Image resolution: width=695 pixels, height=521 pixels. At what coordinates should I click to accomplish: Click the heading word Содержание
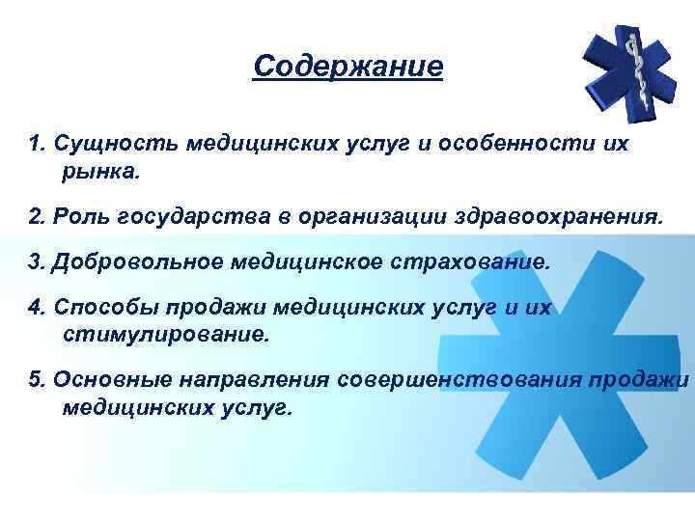[x=347, y=68]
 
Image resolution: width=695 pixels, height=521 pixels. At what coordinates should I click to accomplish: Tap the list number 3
[x=36, y=262]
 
